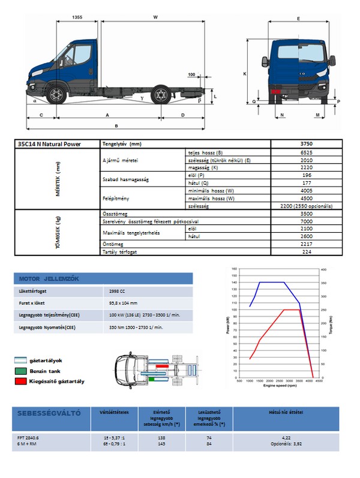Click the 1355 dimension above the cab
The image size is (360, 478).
(76, 18)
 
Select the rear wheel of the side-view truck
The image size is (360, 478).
(161, 95)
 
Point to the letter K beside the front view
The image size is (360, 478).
(245, 73)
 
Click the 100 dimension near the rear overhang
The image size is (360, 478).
(191, 75)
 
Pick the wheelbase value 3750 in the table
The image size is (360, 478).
(307, 144)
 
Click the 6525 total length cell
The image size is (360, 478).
(307, 153)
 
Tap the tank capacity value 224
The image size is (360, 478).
(307, 252)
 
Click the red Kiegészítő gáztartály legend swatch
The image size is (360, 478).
(20, 381)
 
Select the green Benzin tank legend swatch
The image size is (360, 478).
(20, 371)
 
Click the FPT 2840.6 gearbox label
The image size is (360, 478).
(29, 438)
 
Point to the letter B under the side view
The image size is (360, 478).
(116, 126)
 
